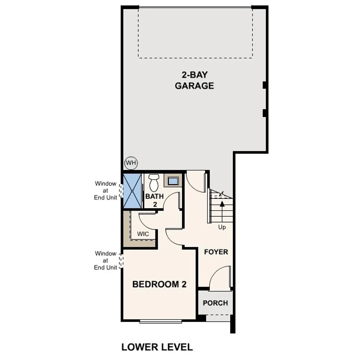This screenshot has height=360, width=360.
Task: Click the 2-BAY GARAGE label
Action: (x=194, y=80)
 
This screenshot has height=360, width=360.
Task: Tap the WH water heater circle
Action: (x=131, y=163)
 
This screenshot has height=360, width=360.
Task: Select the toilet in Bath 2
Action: (x=154, y=182)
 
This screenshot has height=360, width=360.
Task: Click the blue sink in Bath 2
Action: (x=173, y=181)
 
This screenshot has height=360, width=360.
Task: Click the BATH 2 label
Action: (x=154, y=200)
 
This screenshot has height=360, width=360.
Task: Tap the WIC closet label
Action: (x=143, y=234)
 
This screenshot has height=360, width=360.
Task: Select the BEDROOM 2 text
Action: (x=159, y=284)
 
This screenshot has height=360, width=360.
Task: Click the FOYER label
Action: (x=216, y=252)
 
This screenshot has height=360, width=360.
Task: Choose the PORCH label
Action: (x=215, y=303)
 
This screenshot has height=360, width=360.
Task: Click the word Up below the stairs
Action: (x=222, y=227)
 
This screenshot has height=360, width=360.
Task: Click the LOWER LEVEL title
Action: (x=157, y=347)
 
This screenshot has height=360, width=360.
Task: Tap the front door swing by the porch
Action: (x=220, y=278)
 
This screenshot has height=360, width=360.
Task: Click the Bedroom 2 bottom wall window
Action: (x=160, y=321)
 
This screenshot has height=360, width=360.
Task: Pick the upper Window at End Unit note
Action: (x=105, y=190)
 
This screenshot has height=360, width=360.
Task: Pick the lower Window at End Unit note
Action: (x=105, y=260)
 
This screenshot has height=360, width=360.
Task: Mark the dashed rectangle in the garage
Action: (x=195, y=32)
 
